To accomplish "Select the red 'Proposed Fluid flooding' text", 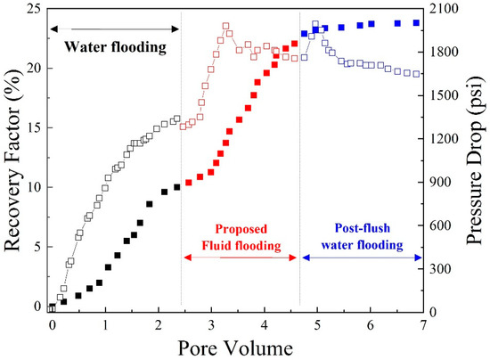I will (x=241, y=237).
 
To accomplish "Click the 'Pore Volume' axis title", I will (x=236, y=344).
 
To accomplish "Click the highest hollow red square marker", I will (x=225, y=27).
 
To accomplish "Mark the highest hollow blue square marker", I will (x=315, y=25).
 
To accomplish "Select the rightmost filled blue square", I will (x=416, y=23).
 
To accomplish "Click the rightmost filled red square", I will (x=295, y=44).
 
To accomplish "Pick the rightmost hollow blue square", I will (x=417, y=74).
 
